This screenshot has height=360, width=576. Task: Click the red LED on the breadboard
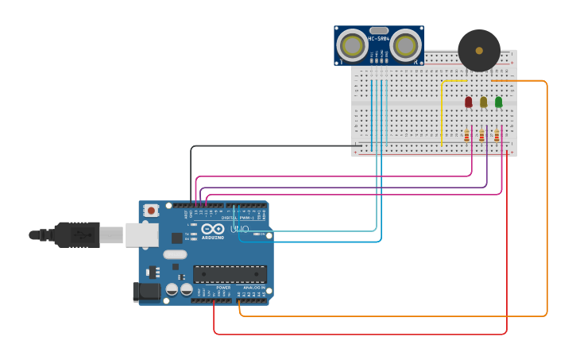tap(468, 102)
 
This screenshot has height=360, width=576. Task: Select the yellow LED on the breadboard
tap(483, 102)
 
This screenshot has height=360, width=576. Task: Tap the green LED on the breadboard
tap(498, 102)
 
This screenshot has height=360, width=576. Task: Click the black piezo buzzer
tap(479, 50)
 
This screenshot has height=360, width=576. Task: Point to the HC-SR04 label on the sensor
tap(379, 39)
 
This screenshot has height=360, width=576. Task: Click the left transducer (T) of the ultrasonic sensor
tap(351, 45)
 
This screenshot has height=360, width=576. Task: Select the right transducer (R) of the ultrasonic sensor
tap(405, 45)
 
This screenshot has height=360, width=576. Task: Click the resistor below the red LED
tap(466, 136)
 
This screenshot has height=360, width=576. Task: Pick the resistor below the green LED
tap(497, 136)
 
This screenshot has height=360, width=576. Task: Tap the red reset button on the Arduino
tap(151, 211)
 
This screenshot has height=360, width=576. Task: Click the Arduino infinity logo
tap(212, 229)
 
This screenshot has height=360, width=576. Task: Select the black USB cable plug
tap(76, 235)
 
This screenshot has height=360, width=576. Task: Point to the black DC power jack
tap(146, 292)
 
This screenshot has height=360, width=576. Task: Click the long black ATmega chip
tap(230, 274)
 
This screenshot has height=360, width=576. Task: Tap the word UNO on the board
tap(239, 230)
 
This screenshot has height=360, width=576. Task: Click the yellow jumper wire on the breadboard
tap(442, 111)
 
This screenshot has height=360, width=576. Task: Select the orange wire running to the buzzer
tap(547, 199)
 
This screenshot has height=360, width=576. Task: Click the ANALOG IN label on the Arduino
tap(254, 288)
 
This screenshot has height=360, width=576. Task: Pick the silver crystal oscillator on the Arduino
tap(176, 255)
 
